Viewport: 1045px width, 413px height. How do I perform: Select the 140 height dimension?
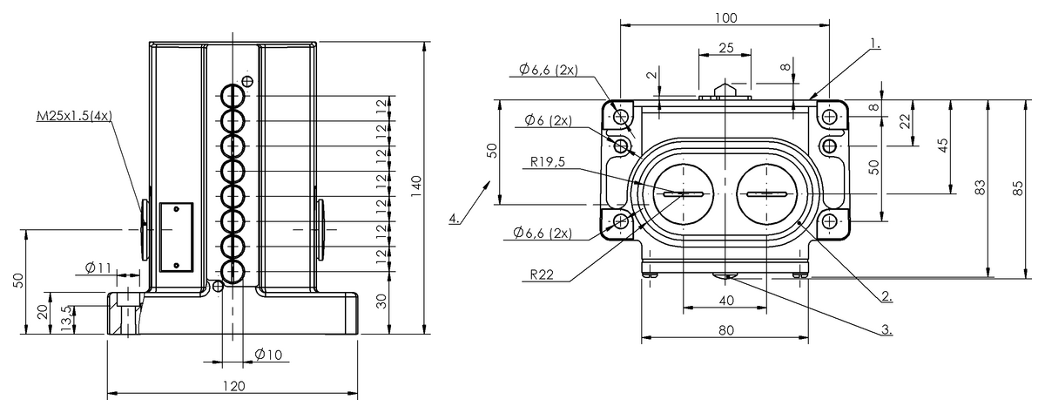[416, 184]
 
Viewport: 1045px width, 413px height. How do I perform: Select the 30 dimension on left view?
[381, 301]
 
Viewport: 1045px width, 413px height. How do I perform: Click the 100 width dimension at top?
[725, 17]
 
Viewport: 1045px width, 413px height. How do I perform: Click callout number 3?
[885, 329]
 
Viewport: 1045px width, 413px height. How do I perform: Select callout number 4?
[455, 219]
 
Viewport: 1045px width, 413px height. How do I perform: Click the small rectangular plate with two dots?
[176, 236]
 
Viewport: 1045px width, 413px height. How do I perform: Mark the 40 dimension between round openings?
[726, 300]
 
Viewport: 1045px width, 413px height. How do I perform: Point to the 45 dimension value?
[942, 145]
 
